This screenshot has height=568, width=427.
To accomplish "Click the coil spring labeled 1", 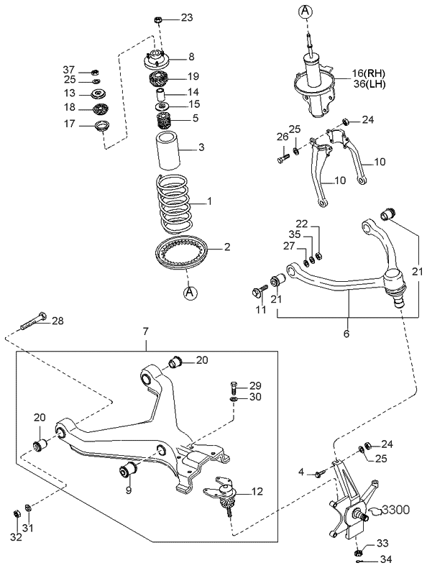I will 173,205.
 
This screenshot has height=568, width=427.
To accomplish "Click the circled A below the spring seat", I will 190,292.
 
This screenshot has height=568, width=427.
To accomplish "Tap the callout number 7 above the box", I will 145,331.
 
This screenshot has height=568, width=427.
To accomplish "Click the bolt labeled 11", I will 258,291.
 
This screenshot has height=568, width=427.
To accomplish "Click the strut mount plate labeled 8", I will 156,58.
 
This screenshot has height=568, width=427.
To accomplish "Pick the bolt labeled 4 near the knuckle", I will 321,472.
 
